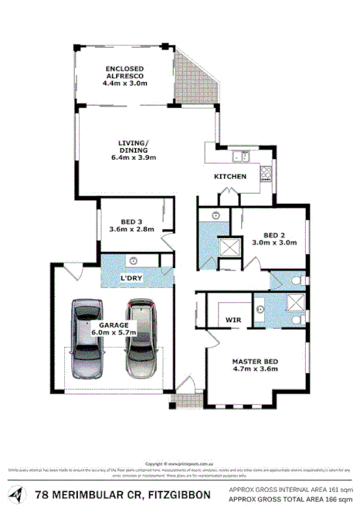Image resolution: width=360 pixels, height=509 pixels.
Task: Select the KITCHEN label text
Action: click(230, 177)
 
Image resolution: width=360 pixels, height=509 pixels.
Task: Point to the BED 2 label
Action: click(275, 235)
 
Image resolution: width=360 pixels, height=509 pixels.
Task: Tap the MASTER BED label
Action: click(255, 361)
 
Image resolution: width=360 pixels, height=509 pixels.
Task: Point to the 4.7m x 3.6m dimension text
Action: click(256, 370)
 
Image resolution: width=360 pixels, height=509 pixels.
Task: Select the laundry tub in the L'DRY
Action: click(134, 260)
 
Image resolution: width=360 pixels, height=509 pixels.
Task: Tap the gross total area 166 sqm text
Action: click(290, 499)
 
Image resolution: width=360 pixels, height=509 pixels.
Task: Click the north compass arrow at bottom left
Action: click(16, 492)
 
